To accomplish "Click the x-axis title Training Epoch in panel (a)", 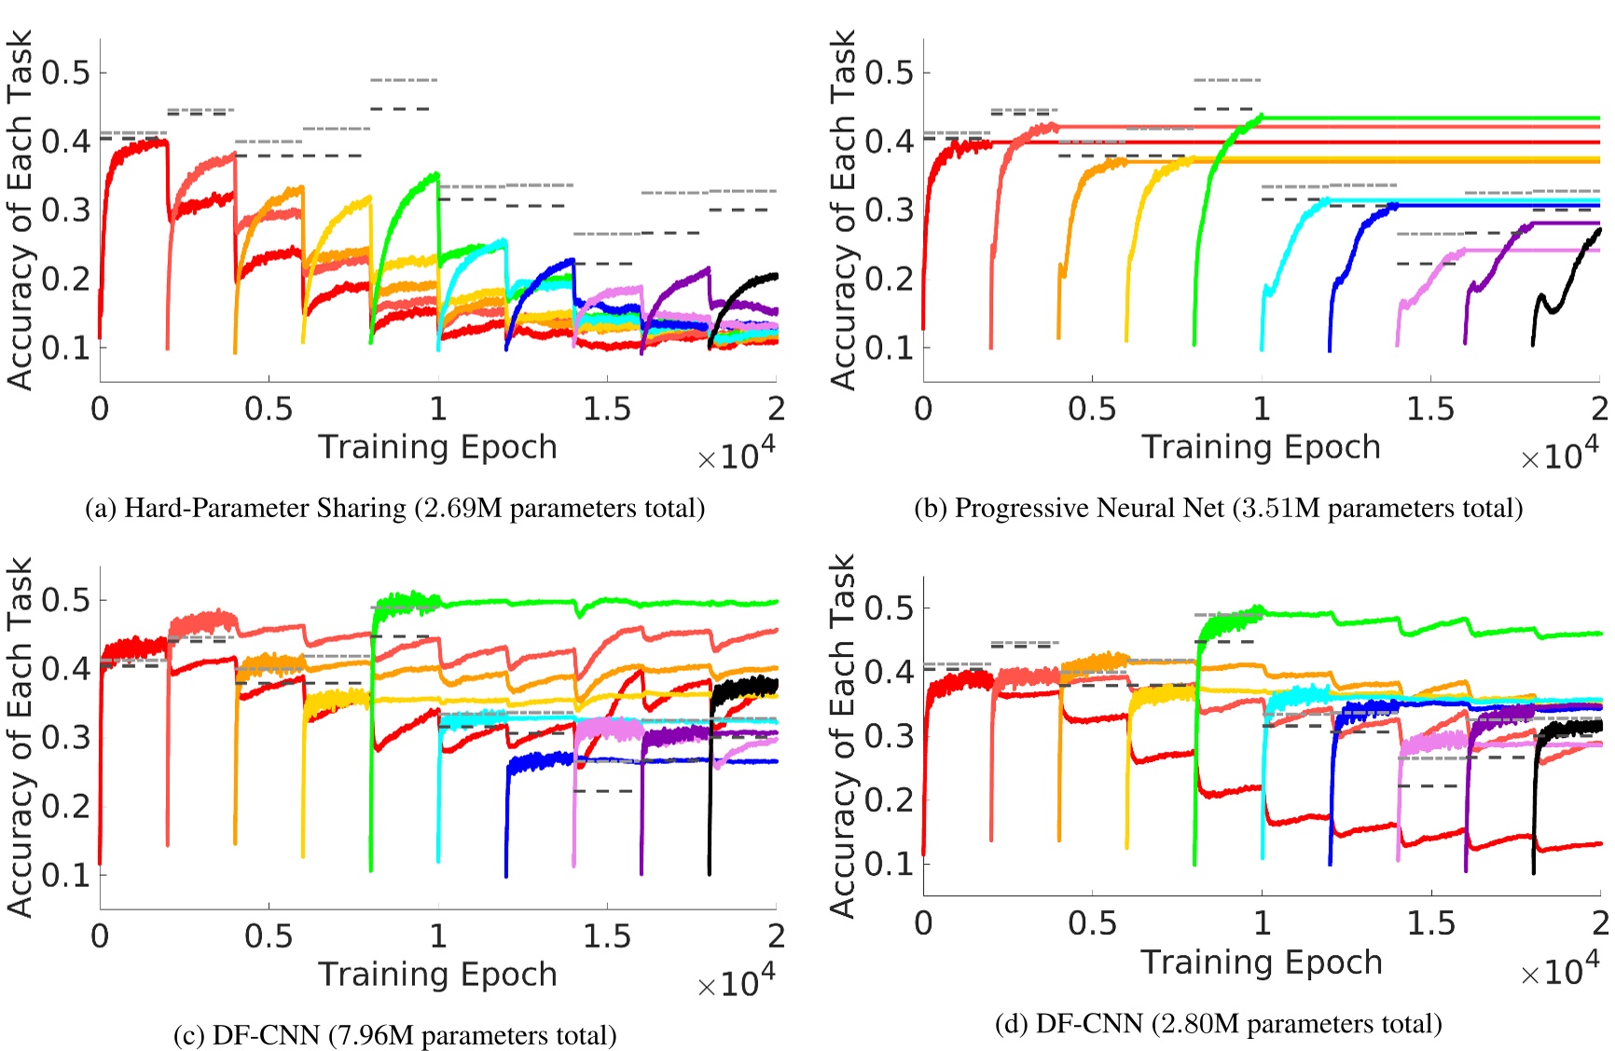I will point(437,447).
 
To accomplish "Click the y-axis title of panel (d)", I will point(842,736).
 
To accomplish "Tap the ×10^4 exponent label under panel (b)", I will point(1559,455).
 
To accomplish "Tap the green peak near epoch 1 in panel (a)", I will point(434,175).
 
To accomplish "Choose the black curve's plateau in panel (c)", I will point(746,688).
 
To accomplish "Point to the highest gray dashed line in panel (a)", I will point(403,80).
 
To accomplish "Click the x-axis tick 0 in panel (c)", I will point(100,935).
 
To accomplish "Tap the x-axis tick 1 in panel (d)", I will point(1262,922).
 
